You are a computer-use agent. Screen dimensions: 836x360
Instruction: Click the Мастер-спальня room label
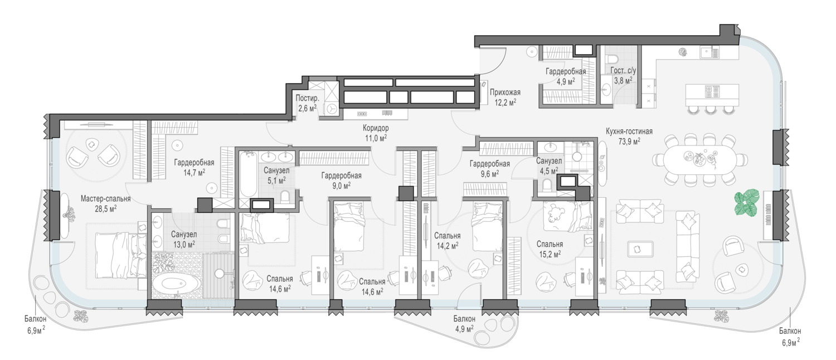(x=106, y=199)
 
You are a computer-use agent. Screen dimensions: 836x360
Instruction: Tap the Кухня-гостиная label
(x=629, y=132)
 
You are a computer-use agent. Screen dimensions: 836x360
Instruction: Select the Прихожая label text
(x=505, y=92)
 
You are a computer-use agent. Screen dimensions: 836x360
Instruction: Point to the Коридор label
(x=376, y=128)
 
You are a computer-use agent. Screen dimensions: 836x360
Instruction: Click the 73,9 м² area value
(x=629, y=141)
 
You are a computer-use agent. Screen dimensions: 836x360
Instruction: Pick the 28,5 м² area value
(x=106, y=208)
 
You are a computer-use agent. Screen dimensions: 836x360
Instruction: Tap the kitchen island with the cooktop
(x=712, y=95)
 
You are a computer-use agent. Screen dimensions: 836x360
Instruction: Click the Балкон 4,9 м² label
(x=464, y=324)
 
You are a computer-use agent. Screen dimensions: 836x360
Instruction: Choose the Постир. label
(x=307, y=99)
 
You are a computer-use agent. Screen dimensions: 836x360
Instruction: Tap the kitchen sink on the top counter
(x=709, y=53)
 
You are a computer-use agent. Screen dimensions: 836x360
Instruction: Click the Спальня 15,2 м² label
(x=550, y=249)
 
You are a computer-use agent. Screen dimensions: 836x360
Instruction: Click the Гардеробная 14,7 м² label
(x=194, y=167)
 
